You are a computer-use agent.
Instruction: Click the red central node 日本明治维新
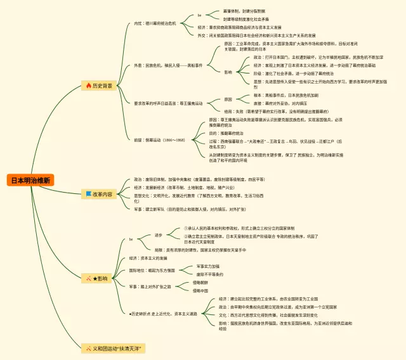pyautogui.click(x=31, y=180)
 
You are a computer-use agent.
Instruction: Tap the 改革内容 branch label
pyautogui.click(x=103, y=195)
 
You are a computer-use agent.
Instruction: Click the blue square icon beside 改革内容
pyautogui.click(x=88, y=195)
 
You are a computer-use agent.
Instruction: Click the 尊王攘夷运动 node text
pyautogui.click(x=168, y=103)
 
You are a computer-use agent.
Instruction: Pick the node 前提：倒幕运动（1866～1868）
pyautogui.click(x=159, y=139)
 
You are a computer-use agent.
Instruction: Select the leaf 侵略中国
pyautogui.click(x=201, y=290)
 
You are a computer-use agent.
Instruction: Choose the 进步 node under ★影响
pyautogui.click(x=159, y=235)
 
